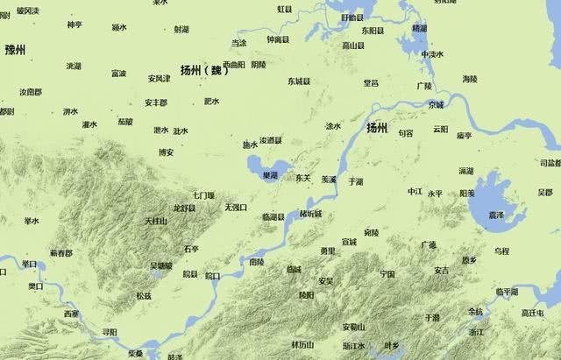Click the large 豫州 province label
click(x=19, y=49)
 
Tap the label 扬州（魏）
click(x=203, y=69)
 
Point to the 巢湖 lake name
click(x=271, y=175)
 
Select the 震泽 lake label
click(x=495, y=214)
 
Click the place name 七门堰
click(x=203, y=194)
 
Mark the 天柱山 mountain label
click(x=155, y=220)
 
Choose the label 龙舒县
click(x=184, y=208)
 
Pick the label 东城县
click(x=299, y=81)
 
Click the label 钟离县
click(x=278, y=40)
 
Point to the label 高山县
click(x=353, y=45)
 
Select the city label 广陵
click(x=424, y=86)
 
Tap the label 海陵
click(x=470, y=79)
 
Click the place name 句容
click(x=405, y=133)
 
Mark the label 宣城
click(x=349, y=241)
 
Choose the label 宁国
click(x=387, y=273)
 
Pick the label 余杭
click(x=474, y=311)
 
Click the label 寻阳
click(x=110, y=332)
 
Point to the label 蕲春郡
click(x=60, y=252)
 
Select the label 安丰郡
click(x=156, y=102)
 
